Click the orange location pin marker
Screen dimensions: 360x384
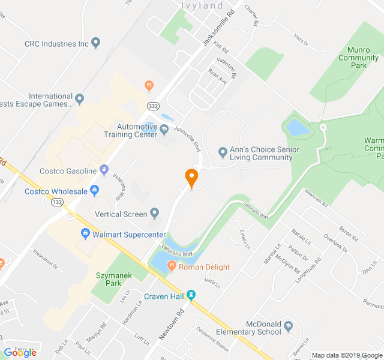coord(191,178)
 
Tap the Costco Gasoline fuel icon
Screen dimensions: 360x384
coord(104,170)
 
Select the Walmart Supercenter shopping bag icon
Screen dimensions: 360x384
coord(85,233)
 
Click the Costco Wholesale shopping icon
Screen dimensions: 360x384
coord(94,191)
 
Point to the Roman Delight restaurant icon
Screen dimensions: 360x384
coord(172,266)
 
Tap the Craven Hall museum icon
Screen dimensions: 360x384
coord(191,295)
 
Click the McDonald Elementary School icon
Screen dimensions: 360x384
coord(289,326)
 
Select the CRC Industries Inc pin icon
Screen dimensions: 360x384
coord(96,43)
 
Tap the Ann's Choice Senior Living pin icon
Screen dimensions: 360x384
coord(223,151)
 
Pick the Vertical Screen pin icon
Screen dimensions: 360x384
coord(155,213)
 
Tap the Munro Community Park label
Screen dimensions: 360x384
coord(358,58)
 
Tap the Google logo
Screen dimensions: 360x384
coord(20,352)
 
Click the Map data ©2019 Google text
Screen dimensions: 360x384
coord(346,355)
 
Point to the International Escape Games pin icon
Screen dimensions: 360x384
coord(79,97)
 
